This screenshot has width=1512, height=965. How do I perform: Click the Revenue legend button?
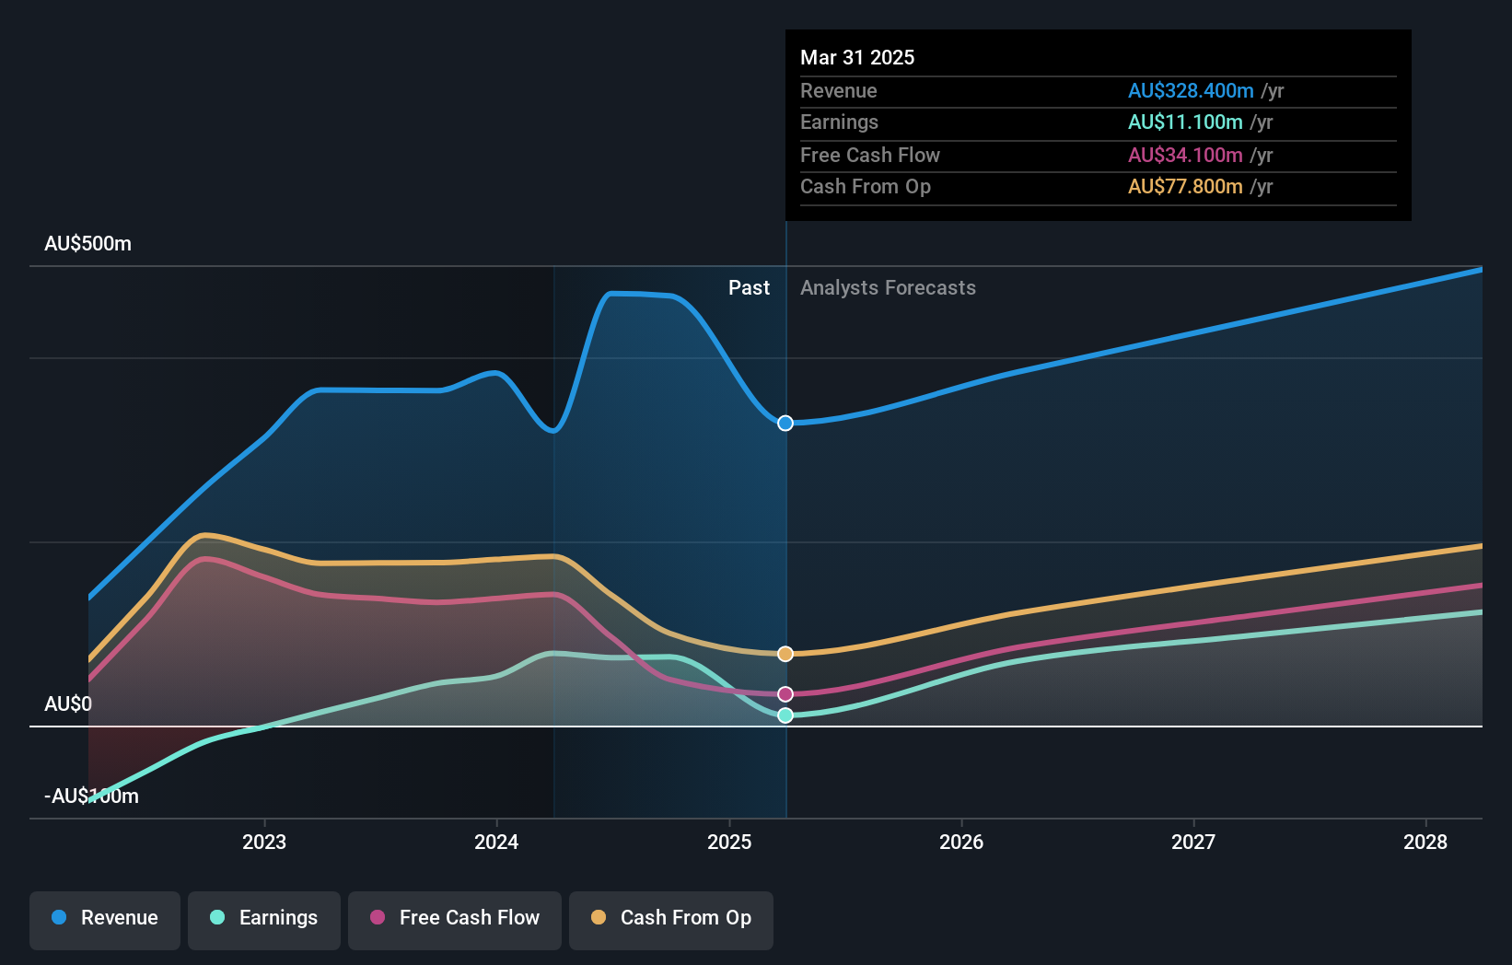point(105,918)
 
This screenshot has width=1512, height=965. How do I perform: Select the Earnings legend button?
point(264,918)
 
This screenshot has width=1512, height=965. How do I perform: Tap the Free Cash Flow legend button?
point(455,918)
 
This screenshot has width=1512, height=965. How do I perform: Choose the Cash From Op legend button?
point(671,918)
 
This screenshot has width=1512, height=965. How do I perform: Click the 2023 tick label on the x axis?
point(264,842)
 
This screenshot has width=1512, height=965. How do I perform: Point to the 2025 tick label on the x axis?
point(729,842)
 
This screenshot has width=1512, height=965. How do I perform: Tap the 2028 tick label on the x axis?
point(1425,842)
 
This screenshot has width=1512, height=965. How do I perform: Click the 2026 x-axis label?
point(961,842)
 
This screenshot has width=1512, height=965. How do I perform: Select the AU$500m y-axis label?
point(88,244)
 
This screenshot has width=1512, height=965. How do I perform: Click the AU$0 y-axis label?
point(68,704)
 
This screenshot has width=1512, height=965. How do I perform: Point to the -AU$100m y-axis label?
point(92,796)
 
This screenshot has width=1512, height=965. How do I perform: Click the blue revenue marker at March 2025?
point(785,424)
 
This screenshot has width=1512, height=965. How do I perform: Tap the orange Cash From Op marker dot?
point(785,654)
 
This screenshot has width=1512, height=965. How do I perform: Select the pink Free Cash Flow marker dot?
point(785,694)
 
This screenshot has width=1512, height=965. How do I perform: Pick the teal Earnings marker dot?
point(785,715)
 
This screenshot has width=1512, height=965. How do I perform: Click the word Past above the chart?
point(749,288)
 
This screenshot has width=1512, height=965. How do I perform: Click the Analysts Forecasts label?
point(888,288)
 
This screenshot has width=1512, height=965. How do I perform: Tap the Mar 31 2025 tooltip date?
point(857,58)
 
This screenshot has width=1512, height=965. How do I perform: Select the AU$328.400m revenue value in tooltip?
point(1191,91)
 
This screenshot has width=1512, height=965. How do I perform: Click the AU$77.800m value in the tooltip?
point(1185,187)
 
